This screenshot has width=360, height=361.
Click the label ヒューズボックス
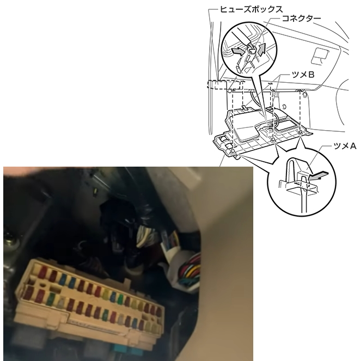tap(251, 9)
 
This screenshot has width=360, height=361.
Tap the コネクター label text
tap(302, 18)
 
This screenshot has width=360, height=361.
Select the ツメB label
tap(303, 75)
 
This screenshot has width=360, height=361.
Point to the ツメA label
tap(345, 146)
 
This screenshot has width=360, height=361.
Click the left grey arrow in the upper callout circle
tap(238, 51)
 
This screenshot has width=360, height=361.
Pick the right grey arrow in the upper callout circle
tap(261, 50)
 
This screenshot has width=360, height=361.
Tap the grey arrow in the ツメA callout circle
tap(318, 176)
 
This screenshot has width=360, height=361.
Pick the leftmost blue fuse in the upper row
tap(62, 278)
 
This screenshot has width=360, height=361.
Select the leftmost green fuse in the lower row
tap(50, 298)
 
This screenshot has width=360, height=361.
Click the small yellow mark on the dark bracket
tap(95, 192)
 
